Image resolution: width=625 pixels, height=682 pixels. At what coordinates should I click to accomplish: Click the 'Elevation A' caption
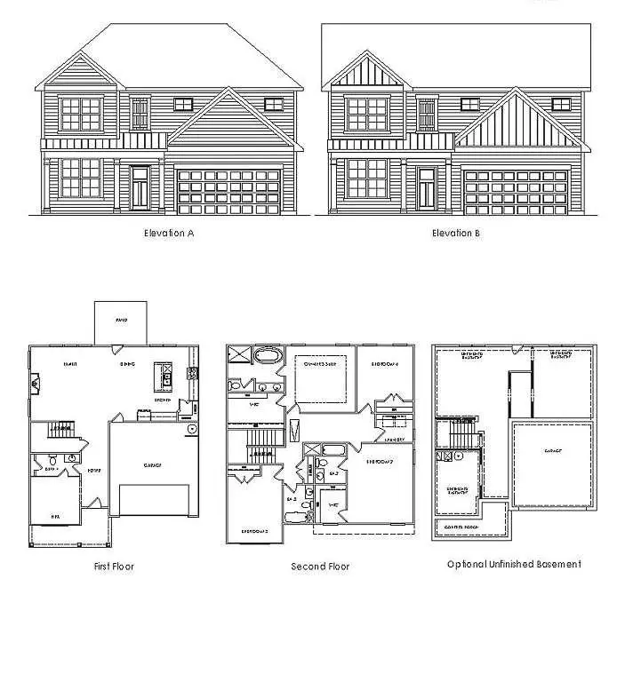169,234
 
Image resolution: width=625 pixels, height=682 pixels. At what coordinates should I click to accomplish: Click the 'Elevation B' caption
456,234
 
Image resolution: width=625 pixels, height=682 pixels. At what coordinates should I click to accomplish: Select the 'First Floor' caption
114,566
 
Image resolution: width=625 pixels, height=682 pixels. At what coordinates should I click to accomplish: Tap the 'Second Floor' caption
320,566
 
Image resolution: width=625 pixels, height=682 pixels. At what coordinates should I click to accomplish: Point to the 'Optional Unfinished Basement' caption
514,564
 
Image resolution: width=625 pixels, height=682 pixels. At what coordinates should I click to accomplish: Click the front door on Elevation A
140,188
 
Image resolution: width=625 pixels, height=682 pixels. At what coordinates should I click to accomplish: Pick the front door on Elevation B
427,188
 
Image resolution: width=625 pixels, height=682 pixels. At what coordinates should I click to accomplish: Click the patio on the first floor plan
121,321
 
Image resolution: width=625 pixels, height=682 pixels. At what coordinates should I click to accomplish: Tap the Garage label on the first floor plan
151,464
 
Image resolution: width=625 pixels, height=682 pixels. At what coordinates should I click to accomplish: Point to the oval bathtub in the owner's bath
266,358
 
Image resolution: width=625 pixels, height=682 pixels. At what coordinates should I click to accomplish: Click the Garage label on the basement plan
553,451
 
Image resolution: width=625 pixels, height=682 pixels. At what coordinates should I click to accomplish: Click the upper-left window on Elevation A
81,114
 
